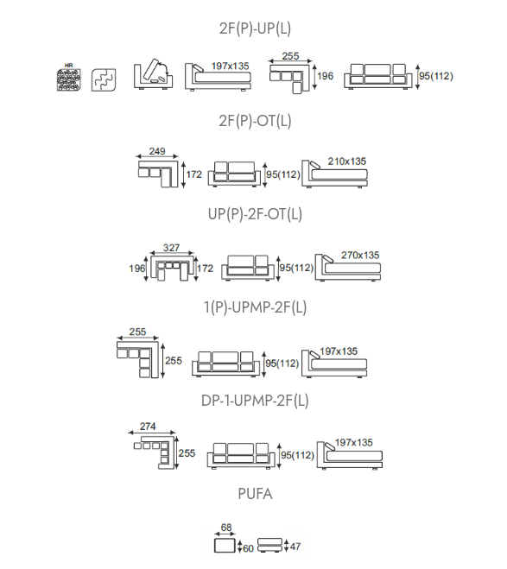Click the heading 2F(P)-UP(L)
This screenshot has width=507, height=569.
point(255,28)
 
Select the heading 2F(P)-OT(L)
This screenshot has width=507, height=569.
point(255,121)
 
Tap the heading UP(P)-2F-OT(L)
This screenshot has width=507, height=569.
point(255,214)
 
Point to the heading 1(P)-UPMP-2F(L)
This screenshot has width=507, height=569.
point(255,307)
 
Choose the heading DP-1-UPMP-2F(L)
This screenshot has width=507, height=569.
point(255,401)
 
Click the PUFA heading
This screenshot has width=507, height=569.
point(255,494)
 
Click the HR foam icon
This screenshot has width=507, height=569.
point(68,78)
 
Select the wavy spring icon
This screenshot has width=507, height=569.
point(104,79)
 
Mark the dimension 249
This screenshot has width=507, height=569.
point(157,151)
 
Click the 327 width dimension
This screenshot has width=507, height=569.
point(171,248)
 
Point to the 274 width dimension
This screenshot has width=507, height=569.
point(148,426)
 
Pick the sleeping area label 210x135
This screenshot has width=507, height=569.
point(347,161)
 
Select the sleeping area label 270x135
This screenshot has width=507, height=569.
point(360,255)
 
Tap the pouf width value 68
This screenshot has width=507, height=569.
point(226,528)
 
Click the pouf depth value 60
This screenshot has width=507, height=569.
point(248,548)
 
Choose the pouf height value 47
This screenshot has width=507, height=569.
point(295,547)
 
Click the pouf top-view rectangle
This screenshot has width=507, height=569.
point(225,546)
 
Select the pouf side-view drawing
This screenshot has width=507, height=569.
point(269,545)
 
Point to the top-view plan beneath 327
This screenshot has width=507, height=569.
point(173,269)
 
